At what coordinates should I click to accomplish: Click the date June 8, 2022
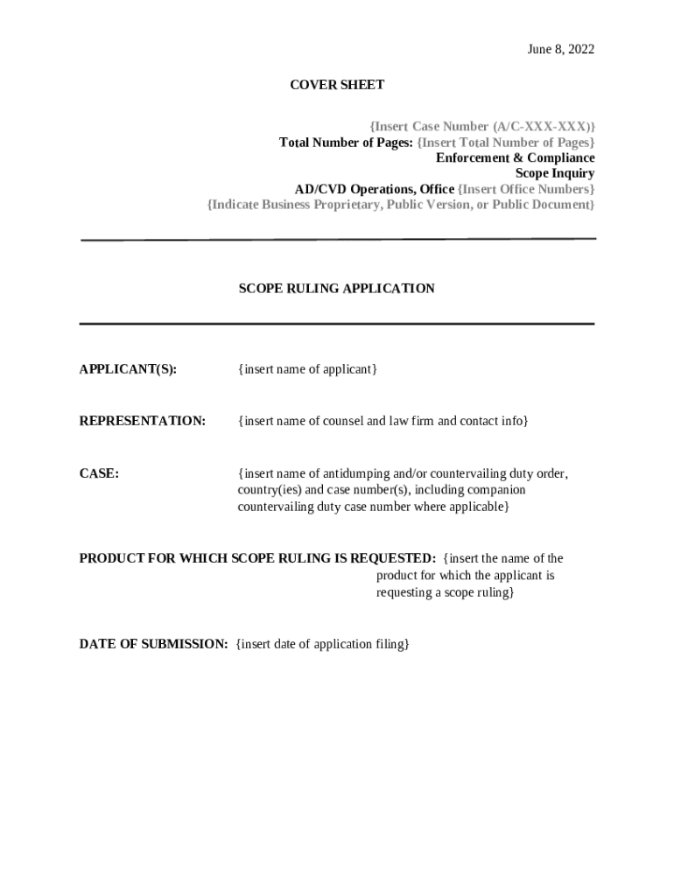(560, 49)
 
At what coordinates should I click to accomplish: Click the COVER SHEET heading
(337, 85)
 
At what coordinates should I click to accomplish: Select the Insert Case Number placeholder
(481, 126)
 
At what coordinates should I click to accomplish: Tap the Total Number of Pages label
(346, 142)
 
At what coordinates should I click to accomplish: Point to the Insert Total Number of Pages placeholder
(505, 142)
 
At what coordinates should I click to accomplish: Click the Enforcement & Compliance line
(515, 157)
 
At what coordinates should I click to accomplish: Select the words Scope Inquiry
(554, 173)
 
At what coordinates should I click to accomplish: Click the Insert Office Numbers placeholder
(526, 189)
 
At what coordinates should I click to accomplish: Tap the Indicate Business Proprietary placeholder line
(401, 205)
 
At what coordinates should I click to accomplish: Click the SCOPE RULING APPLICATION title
(336, 288)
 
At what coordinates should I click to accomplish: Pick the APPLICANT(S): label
(128, 369)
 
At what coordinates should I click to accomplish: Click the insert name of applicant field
(307, 369)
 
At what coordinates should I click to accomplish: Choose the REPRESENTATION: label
(143, 421)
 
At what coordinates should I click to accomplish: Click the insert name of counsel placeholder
(383, 421)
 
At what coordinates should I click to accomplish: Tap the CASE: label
(99, 473)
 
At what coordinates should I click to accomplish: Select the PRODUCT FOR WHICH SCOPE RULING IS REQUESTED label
(257, 558)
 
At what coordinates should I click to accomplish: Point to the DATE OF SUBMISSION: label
(153, 644)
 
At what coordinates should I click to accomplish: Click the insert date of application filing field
(322, 644)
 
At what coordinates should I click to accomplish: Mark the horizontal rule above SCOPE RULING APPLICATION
(338, 239)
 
